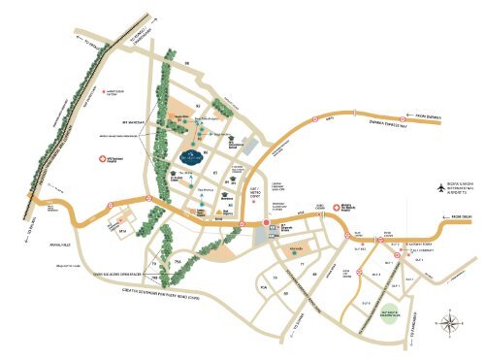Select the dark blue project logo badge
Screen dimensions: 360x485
coord(190,156)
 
